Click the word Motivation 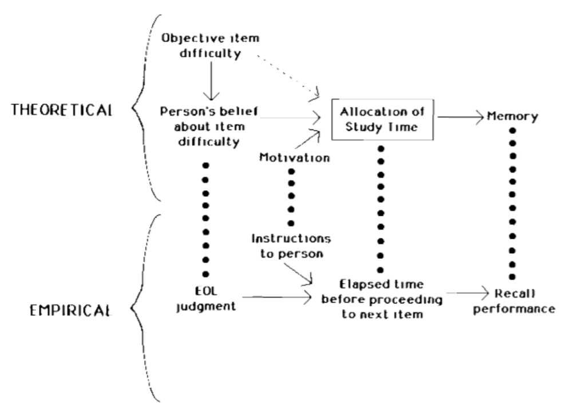pyautogui.click(x=294, y=157)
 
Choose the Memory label pyautogui.click(x=513, y=117)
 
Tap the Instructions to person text pyautogui.click(x=291, y=244)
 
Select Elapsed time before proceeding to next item pyautogui.click(x=381, y=298)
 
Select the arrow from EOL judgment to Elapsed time pyautogui.click(x=275, y=298)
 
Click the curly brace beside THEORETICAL pyautogui.click(x=140, y=109)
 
